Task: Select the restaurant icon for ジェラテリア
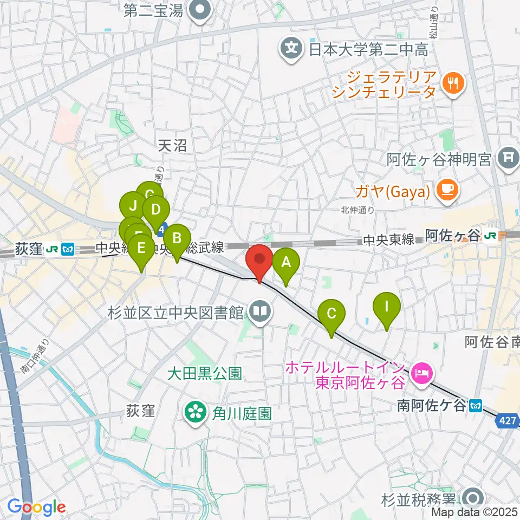(x=450, y=82)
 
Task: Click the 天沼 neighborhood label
(x=172, y=145)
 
